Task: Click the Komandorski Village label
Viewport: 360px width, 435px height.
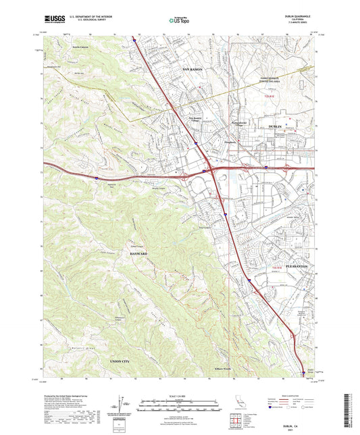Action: point(240,124)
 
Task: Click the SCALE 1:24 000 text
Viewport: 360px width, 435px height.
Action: point(180,394)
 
